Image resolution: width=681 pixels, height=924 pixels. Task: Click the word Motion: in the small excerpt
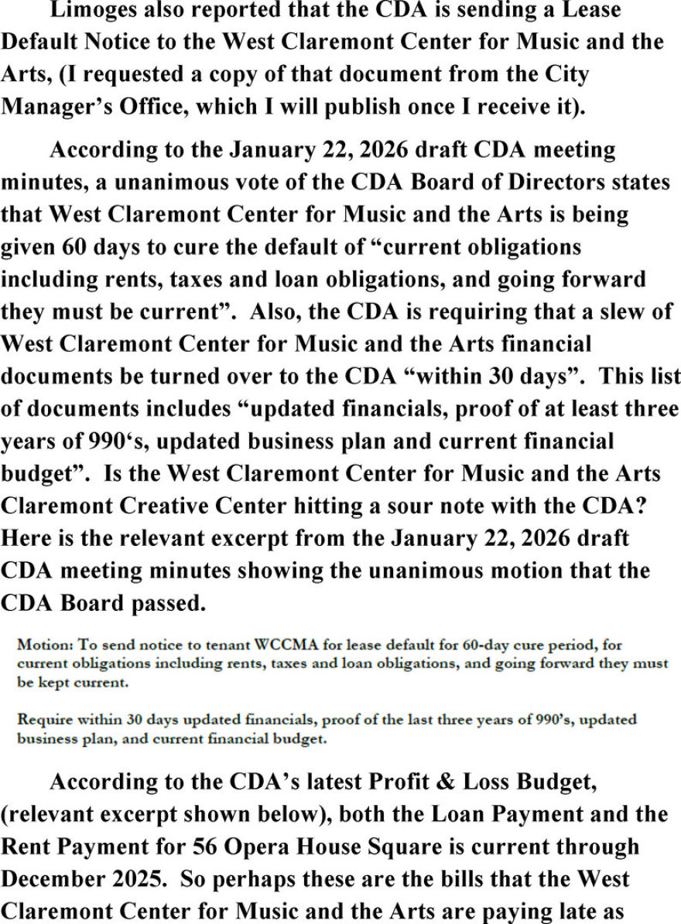(x=43, y=644)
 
